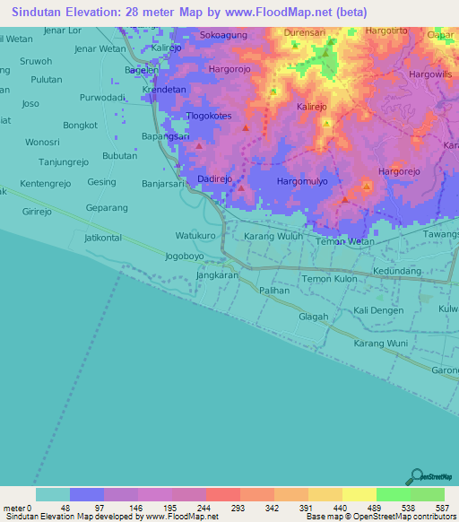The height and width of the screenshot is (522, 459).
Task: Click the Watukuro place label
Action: [x=195, y=236]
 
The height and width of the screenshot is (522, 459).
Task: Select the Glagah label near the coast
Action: [x=313, y=317]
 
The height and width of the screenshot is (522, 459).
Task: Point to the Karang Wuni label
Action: [x=380, y=344]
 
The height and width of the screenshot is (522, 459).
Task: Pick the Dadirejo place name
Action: [x=215, y=179]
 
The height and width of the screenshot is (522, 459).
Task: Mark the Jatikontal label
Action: [x=102, y=238]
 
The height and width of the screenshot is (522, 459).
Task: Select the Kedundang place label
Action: [x=397, y=270]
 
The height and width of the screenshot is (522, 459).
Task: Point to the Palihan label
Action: [x=274, y=291]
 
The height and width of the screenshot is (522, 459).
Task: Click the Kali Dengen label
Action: [x=379, y=310]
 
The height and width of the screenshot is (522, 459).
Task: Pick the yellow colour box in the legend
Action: [x=359, y=494]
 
